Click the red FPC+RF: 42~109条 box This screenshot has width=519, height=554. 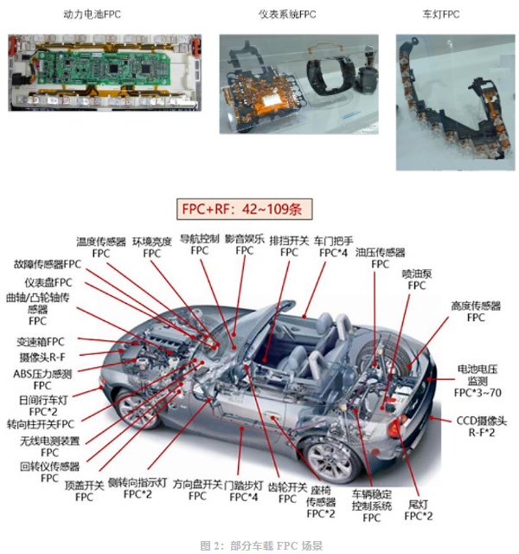pyautogui.click(x=244, y=209)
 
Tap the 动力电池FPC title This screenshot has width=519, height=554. pyautogui.click(x=93, y=15)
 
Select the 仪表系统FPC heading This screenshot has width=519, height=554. pyautogui.click(x=287, y=15)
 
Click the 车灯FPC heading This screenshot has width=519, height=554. pyautogui.click(x=441, y=15)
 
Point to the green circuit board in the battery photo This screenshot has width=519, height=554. pyautogui.click(x=103, y=68)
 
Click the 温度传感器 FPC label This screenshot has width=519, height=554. pyautogui.click(x=101, y=248)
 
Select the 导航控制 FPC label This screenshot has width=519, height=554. pyautogui.click(x=200, y=244)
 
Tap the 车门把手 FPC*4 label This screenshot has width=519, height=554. pyautogui.click(x=333, y=247)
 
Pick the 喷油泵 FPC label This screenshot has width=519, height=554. pyautogui.click(x=417, y=280)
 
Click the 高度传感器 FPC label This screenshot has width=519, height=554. pyautogui.click(x=476, y=312)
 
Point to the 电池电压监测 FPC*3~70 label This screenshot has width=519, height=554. pyautogui.click(x=477, y=381)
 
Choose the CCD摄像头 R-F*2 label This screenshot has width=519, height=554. pyautogui.click(x=482, y=427)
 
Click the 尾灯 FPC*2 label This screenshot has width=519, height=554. pyautogui.click(x=419, y=510)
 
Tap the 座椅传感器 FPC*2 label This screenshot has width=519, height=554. pyautogui.click(x=321, y=502)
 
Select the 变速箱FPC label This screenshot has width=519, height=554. pyautogui.click(x=41, y=342)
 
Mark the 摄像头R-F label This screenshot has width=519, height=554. pyautogui.click(x=42, y=358)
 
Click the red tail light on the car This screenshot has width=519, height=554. pyautogui.click(x=394, y=426)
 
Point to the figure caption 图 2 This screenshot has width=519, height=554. pyautogui.click(x=261, y=545)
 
